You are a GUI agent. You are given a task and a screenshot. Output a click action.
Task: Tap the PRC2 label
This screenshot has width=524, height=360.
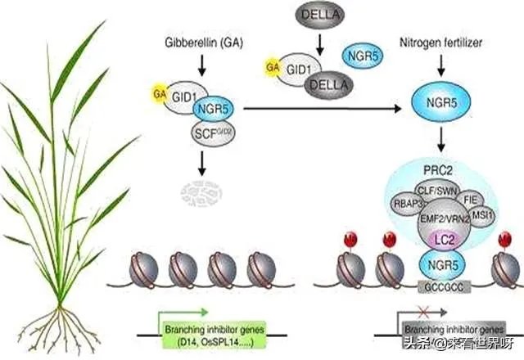coord(444,168)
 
